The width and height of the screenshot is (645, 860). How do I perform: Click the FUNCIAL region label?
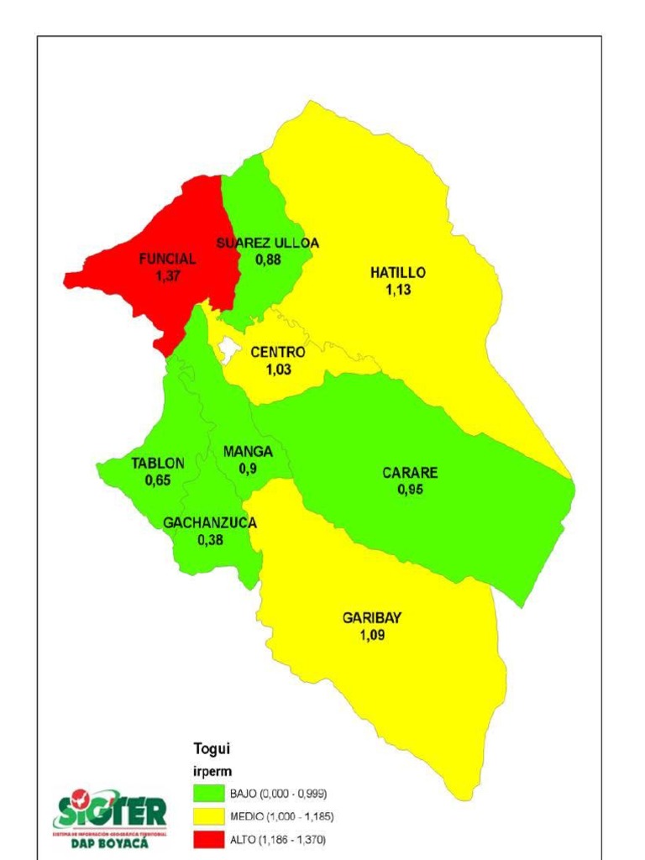[x=167, y=260]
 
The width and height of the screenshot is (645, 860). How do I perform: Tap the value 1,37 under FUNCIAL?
[x=167, y=275]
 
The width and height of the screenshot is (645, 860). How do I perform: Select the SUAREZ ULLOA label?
[x=267, y=244]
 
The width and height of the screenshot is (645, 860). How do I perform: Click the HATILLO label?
[x=398, y=273]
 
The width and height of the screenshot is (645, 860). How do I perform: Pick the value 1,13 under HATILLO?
[x=398, y=290]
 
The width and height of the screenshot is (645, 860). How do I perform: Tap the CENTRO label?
[x=278, y=354]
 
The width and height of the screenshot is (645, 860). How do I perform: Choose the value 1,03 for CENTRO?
[x=278, y=370]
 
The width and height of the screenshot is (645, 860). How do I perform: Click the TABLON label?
[x=157, y=464]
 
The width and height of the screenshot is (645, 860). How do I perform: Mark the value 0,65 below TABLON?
[x=157, y=480]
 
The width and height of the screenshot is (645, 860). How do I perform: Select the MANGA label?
[x=248, y=452]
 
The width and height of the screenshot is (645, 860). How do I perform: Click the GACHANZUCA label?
[x=210, y=523]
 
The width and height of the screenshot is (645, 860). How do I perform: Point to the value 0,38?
[x=210, y=540]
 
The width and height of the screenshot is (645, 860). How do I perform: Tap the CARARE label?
[x=410, y=473]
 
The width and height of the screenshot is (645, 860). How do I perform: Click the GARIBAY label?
[x=372, y=618]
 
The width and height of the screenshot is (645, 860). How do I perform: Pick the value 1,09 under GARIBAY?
[x=372, y=636]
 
